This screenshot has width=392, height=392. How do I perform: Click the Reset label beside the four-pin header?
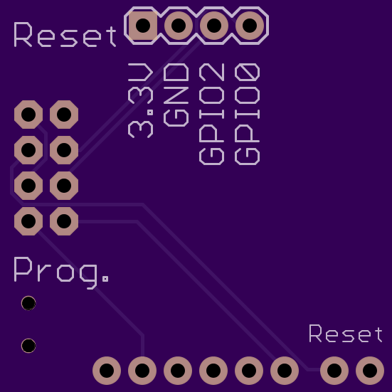point(65,35)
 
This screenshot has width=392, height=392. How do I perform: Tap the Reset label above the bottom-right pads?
point(346,334)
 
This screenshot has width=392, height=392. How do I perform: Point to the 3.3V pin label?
point(140,100)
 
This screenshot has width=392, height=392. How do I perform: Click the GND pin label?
point(176,95)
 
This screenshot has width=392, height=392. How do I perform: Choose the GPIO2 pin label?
point(212,114)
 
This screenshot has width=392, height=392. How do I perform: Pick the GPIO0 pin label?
point(248,114)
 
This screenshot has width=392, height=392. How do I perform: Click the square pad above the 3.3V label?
point(143,25)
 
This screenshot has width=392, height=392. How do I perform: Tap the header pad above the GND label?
point(179,25)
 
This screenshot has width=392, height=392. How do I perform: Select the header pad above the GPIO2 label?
point(214,25)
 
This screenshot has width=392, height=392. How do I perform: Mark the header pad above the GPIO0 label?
point(250,25)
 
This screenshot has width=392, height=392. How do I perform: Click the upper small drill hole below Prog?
point(28,303)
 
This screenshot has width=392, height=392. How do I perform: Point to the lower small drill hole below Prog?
point(28,346)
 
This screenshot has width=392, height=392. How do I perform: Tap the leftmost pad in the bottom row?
point(107,371)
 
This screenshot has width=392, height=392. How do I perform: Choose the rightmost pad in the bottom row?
point(370,371)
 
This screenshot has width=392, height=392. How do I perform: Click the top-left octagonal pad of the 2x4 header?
point(28,115)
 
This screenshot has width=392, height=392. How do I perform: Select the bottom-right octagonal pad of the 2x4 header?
point(64,221)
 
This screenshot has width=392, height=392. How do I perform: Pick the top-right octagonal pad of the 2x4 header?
point(64,115)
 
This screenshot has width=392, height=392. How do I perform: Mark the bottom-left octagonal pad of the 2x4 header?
point(28,221)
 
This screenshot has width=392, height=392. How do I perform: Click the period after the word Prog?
point(105,278)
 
